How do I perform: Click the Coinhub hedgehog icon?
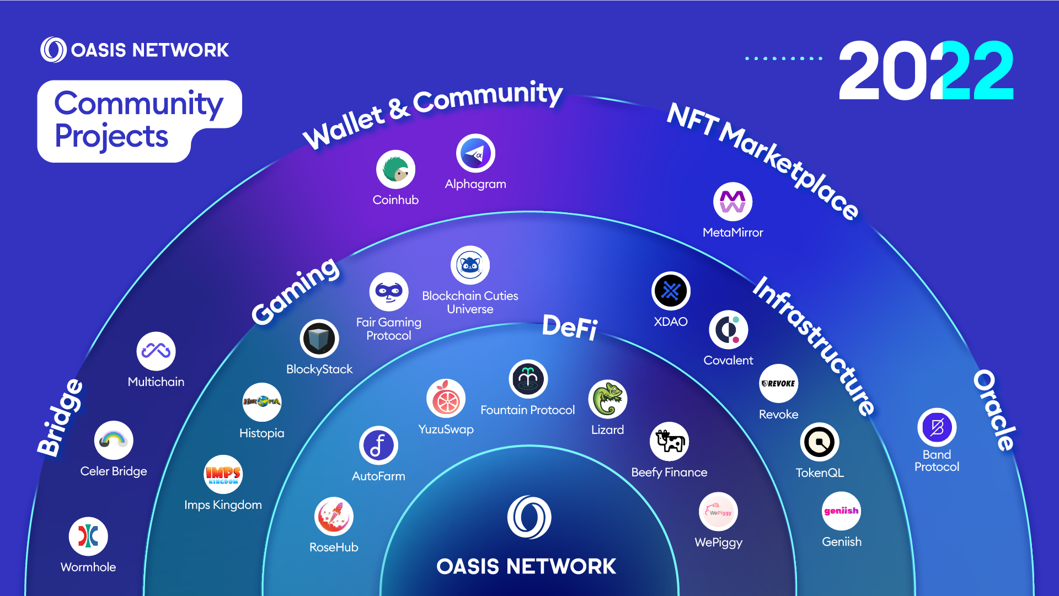(x=395, y=169)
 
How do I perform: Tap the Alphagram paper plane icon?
(x=475, y=153)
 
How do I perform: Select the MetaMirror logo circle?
(x=732, y=202)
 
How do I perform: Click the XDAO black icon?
(x=671, y=291)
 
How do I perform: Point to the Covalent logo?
(x=728, y=330)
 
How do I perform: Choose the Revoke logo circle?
(x=778, y=384)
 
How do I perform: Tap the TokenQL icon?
(x=820, y=442)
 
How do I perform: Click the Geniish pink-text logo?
(x=841, y=511)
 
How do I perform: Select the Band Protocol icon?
(x=937, y=427)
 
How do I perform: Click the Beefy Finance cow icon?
(x=669, y=442)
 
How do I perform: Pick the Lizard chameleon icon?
(x=607, y=399)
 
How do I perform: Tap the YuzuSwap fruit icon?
(x=446, y=399)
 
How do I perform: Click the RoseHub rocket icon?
(x=334, y=517)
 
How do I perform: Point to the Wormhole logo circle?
(x=88, y=536)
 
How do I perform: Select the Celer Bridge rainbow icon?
(x=114, y=441)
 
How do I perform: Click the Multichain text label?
(x=156, y=382)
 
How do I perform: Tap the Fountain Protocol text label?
(x=527, y=410)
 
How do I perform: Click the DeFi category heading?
(x=570, y=327)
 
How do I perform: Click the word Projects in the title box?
(x=111, y=136)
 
